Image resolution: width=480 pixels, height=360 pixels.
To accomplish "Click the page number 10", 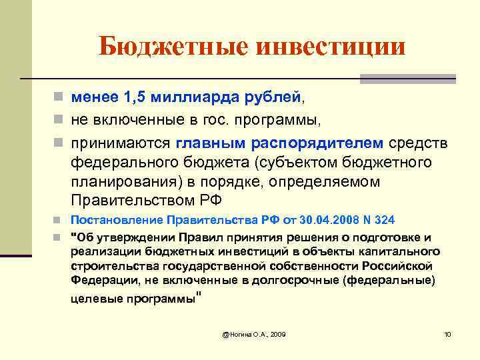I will click(x=448, y=333).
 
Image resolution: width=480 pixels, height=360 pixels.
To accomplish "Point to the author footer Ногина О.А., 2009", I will click(x=253, y=333).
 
